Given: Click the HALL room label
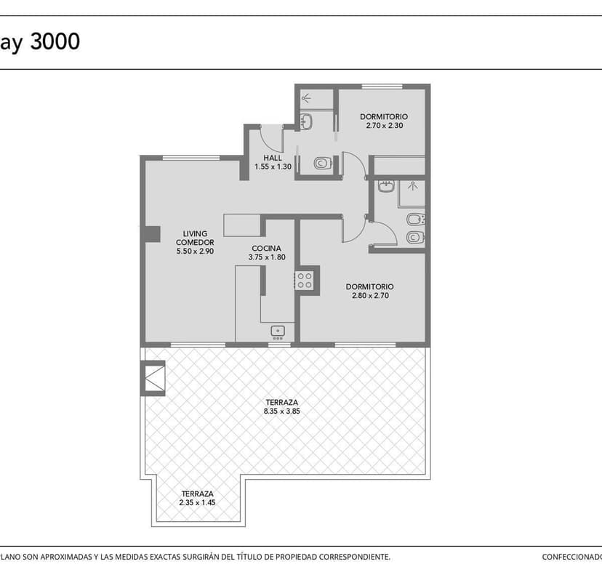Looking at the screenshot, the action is pyautogui.click(x=273, y=158).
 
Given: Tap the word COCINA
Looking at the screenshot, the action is pyautogui.click(x=266, y=249).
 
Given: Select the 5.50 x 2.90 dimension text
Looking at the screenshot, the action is pyautogui.click(x=195, y=252).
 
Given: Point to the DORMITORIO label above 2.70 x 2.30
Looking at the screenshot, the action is pyautogui.click(x=384, y=116).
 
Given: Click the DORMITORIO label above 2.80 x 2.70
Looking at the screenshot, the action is pyautogui.click(x=370, y=286).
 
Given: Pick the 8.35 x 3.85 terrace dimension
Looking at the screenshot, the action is pyautogui.click(x=282, y=411).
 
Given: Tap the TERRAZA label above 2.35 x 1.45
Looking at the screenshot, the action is pyautogui.click(x=197, y=494).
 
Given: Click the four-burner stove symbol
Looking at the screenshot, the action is pyautogui.click(x=305, y=281).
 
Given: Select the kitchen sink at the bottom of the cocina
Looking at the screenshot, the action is pyautogui.click(x=278, y=332).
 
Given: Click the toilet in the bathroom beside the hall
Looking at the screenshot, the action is pyautogui.click(x=323, y=163).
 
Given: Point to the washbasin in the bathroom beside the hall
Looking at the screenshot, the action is pyautogui.click(x=306, y=121).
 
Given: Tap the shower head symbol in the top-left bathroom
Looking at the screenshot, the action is pyautogui.click(x=306, y=98).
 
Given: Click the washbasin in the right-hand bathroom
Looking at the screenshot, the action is pyautogui.click(x=386, y=187).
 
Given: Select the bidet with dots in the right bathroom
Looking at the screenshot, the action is pyautogui.click(x=415, y=220).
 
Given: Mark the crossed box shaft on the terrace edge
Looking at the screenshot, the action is pyautogui.click(x=153, y=378).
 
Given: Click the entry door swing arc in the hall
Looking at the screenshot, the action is pyautogui.click(x=271, y=139).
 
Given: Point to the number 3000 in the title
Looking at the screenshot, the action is pyautogui.click(x=55, y=41).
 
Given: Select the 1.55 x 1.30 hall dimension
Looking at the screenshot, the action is pyautogui.click(x=273, y=167).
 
